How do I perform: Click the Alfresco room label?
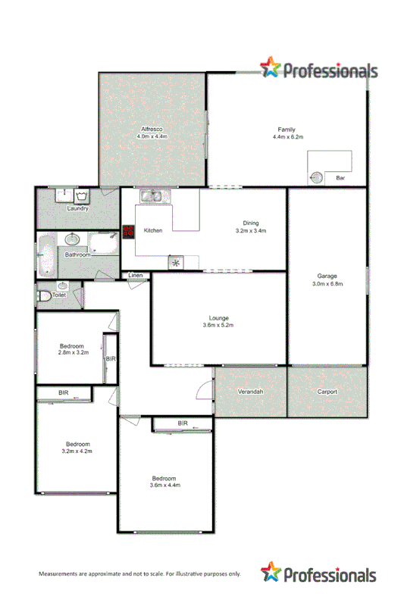click(152, 129)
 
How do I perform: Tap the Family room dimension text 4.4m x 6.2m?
click(287, 137)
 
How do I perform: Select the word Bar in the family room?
click(340, 178)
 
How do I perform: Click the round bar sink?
click(318, 177)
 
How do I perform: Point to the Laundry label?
click(77, 208)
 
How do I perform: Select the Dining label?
click(251, 223)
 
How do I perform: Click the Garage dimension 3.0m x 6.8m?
click(327, 284)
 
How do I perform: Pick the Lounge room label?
click(219, 317)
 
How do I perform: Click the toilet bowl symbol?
click(43, 295)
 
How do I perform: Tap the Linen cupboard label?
click(136, 275)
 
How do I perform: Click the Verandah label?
click(250, 392)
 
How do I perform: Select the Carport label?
click(327, 392)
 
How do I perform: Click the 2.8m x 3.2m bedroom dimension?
click(73, 352)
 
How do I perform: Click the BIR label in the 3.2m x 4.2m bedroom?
click(64, 392)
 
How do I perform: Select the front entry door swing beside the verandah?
click(204, 389)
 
